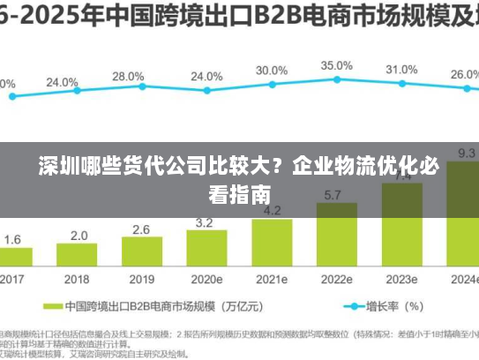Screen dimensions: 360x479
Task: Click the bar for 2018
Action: point(79,256)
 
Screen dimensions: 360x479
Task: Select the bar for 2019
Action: point(142,253)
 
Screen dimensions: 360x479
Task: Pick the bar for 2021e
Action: point(273,244)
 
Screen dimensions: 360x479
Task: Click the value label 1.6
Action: point(13,239)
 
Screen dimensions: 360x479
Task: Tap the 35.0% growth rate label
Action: point(336,66)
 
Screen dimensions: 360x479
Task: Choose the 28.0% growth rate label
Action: point(128,77)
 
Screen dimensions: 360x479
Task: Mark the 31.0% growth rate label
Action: point(401,70)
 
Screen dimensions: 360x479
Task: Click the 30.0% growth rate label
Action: point(272,71)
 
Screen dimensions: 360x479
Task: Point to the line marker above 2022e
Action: point(336,80)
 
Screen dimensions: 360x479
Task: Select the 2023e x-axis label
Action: point(401,279)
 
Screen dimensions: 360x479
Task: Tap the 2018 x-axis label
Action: point(78,279)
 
